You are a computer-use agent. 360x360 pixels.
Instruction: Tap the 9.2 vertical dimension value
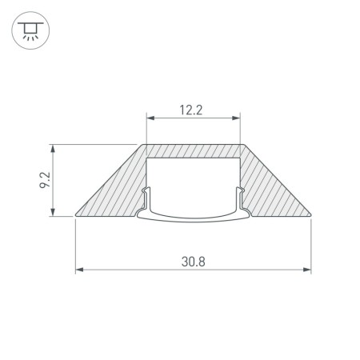click(45, 180)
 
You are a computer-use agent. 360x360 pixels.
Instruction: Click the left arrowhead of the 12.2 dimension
click(149, 120)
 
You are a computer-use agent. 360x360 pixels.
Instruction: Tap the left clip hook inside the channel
click(146, 196)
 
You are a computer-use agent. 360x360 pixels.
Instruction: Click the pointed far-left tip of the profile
click(75, 214)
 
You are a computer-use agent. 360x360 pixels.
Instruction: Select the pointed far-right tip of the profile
click(310, 214)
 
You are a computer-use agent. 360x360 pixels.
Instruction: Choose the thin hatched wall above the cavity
click(193, 150)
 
